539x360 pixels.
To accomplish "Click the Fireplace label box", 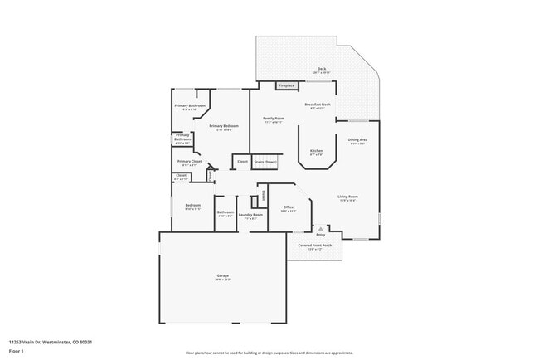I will pyautogui.click(x=287, y=85).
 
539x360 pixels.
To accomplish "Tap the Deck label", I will pyautogui.click(x=322, y=70).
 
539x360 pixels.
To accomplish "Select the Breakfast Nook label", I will pyautogui.click(x=319, y=105).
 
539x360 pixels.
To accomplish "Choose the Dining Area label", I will pyautogui.click(x=358, y=141).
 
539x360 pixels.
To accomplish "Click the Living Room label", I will pyautogui.click(x=347, y=197).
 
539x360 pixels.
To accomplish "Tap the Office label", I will pyautogui.click(x=289, y=207).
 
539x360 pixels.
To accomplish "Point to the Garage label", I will pyautogui.click(x=223, y=275).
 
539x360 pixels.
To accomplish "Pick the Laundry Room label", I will pyautogui.click(x=250, y=215).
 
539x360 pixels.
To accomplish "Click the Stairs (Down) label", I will pyautogui.click(x=265, y=162).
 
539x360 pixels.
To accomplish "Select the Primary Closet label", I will pyautogui.click(x=189, y=162).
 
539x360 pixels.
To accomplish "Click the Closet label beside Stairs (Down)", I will pyautogui.click(x=242, y=162).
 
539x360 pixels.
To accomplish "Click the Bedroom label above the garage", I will pyautogui.click(x=193, y=206).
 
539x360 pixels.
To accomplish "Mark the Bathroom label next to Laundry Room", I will pyautogui.click(x=226, y=212).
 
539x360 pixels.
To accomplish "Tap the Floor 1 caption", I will pyautogui.click(x=17, y=351).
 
